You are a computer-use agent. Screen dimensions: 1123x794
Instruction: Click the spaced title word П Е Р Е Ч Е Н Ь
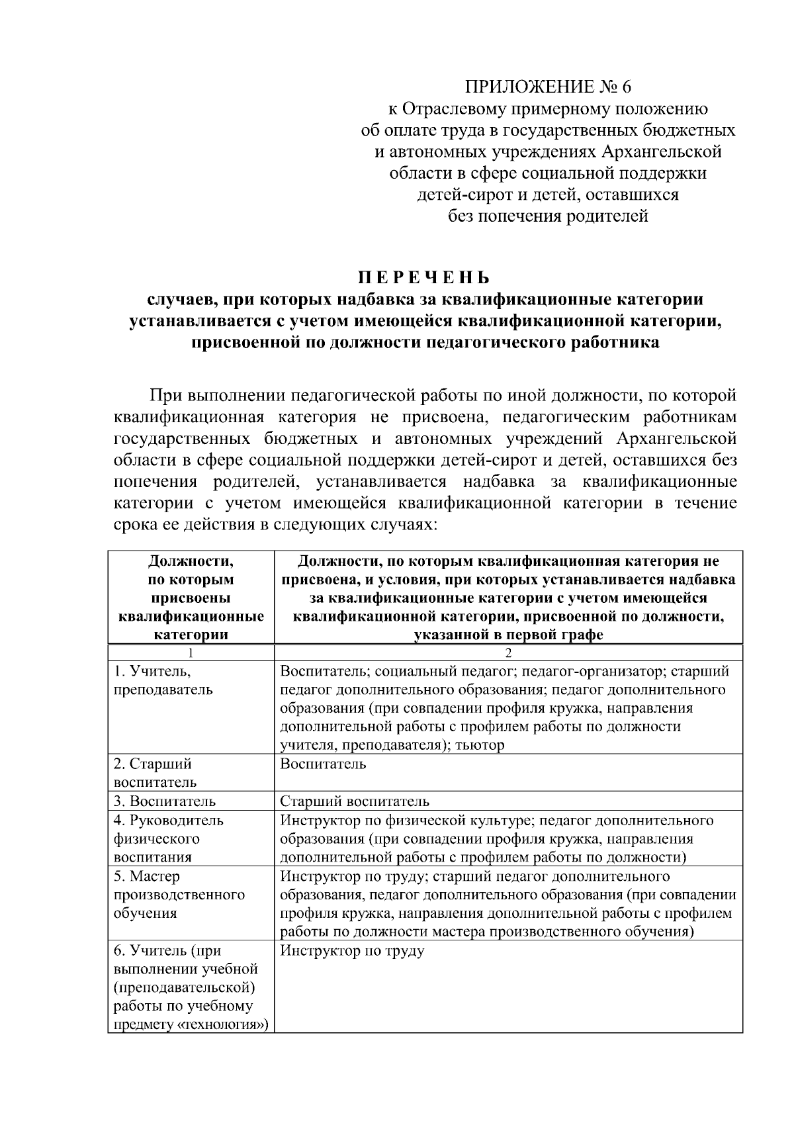(x=425, y=277)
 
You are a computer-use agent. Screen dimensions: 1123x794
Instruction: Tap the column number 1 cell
(x=191, y=653)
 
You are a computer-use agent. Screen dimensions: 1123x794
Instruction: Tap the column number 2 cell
(x=508, y=653)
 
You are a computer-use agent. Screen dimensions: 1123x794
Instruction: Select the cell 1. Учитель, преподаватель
(x=163, y=680)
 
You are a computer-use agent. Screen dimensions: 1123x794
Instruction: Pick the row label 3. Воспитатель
(x=165, y=801)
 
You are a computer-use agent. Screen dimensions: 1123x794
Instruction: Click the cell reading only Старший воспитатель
(x=355, y=801)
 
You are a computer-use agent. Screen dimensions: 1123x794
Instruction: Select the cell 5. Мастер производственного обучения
(x=179, y=895)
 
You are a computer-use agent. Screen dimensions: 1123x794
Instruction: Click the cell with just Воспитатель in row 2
(x=323, y=764)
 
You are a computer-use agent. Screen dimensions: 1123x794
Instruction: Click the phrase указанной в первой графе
(x=508, y=635)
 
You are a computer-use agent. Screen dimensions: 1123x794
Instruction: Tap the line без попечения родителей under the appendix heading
(x=548, y=216)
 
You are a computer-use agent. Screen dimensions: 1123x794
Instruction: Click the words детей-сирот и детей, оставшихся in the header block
(x=548, y=195)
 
